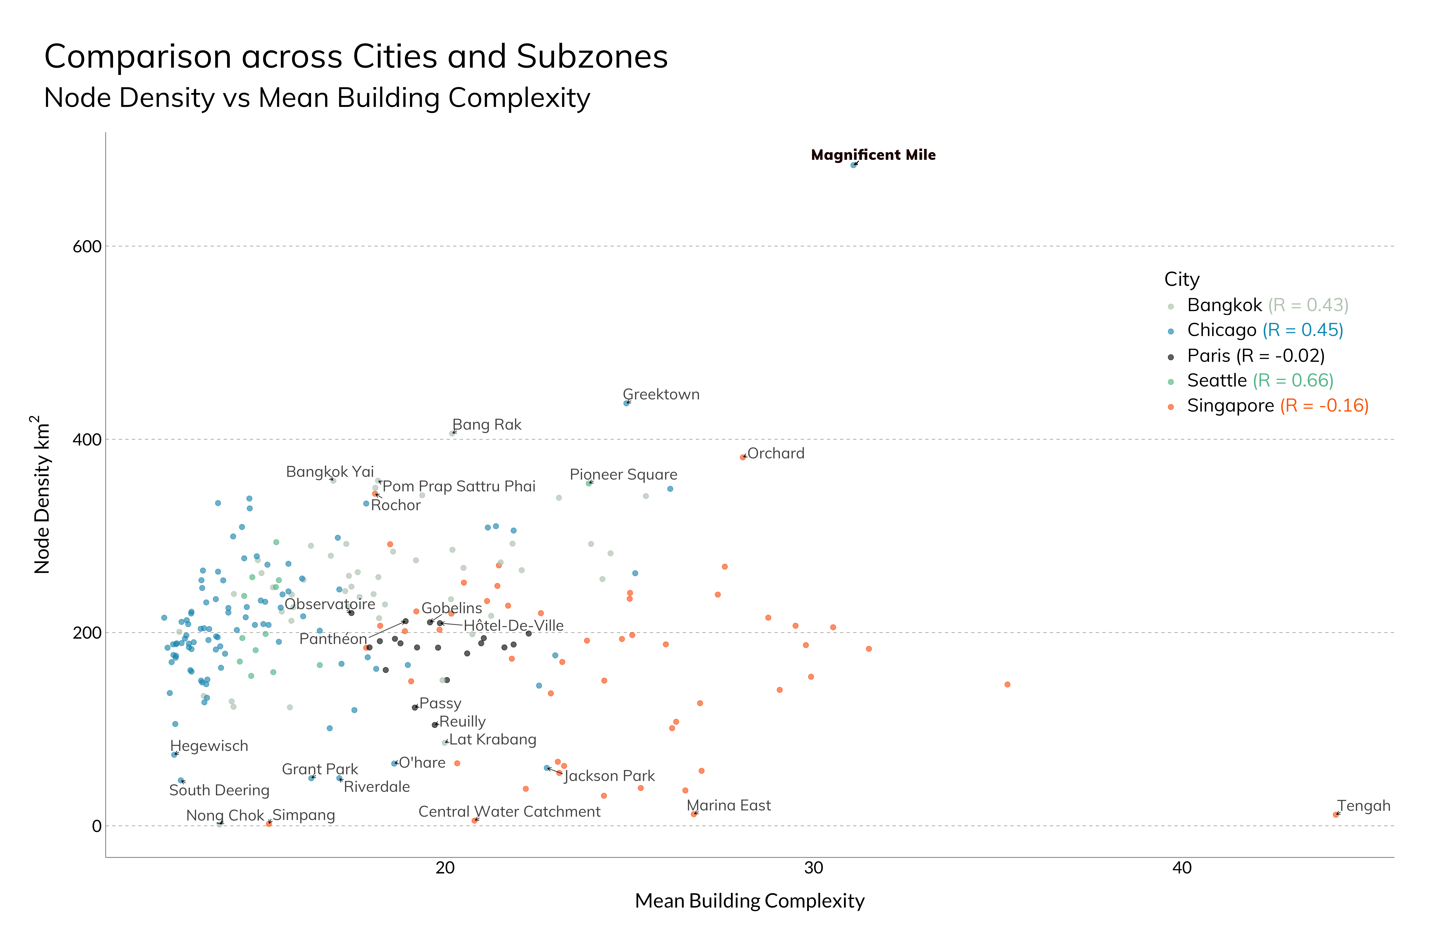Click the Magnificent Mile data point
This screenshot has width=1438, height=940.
tap(853, 165)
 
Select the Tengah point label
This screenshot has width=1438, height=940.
tap(1364, 806)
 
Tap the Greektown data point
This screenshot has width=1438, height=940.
tap(627, 403)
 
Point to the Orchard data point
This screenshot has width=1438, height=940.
tap(743, 457)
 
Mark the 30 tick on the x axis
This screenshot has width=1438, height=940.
tap(813, 868)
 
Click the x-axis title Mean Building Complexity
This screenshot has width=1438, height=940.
tap(749, 901)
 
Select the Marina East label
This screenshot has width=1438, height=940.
tap(729, 805)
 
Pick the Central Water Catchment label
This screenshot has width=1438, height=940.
tap(509, 811)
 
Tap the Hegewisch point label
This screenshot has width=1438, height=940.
tap(209, 746)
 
